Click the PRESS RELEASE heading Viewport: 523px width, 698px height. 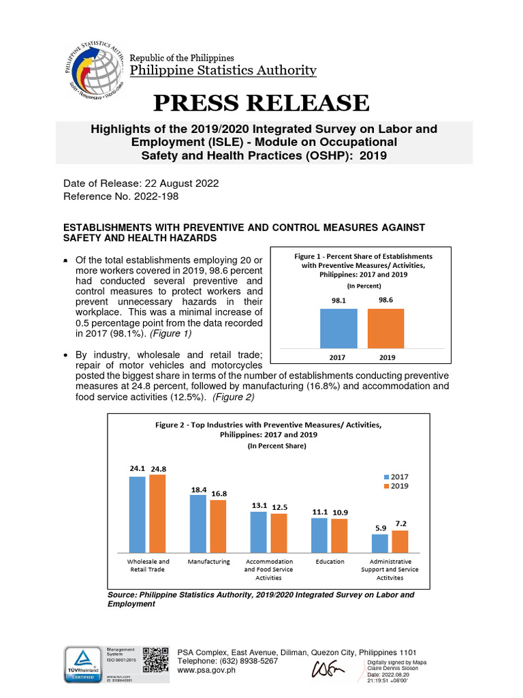point(261,102)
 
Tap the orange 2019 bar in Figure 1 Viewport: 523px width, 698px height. point(385,328)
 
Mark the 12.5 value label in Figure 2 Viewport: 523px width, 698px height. point(279,506)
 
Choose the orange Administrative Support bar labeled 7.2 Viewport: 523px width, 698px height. point(400,541)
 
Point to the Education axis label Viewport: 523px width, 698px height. point(330,562)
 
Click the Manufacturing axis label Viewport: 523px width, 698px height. point(208,562)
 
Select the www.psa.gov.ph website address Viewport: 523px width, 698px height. point(206,670)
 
